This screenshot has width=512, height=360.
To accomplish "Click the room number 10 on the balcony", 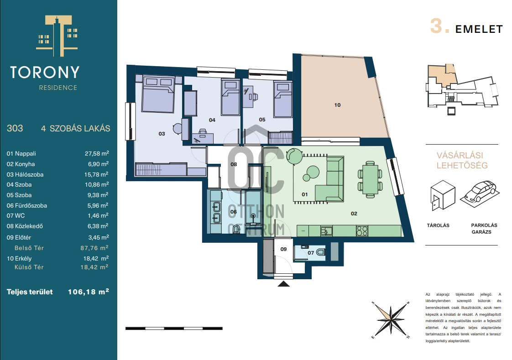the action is (337, 105).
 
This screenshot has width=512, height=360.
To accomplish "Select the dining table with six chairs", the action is (370, 179).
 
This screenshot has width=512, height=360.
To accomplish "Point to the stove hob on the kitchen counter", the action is (362, 231).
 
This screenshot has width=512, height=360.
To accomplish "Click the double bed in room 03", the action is (158, 94).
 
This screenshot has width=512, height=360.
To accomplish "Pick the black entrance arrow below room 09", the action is (283, 284).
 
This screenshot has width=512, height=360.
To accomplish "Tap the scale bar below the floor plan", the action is (174, 329).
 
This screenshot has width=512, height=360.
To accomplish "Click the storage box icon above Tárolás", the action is (443, 195).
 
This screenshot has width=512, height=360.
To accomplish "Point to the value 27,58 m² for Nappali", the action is (97, 153).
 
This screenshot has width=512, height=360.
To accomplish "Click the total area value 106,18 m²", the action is (88, 292).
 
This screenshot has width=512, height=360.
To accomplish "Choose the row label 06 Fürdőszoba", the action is (27, 206).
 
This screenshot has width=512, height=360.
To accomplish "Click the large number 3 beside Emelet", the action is (436, 26).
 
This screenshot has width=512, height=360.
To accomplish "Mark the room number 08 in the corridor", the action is (234, 164).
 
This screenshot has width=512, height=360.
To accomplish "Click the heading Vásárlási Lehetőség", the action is (462, 160).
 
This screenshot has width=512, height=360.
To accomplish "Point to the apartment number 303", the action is (15, 128).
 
